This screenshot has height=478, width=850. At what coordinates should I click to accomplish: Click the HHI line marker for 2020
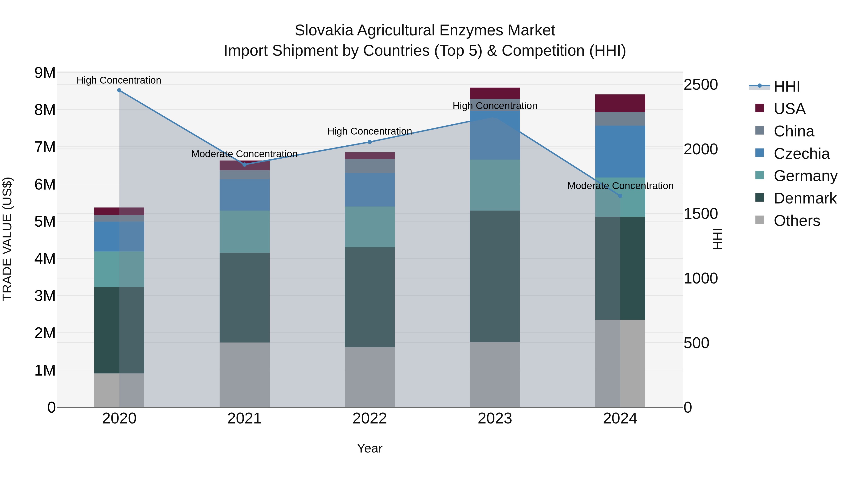point(119,90)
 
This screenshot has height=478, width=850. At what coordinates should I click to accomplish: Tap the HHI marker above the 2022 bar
point(370,142)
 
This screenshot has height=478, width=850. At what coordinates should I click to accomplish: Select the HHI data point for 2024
point(620,196)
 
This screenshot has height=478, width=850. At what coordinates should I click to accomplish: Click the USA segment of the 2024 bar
point(620,103)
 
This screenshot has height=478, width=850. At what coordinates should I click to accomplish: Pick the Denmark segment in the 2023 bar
point(495,276)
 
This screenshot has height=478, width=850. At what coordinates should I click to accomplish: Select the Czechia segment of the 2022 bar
point(370,190)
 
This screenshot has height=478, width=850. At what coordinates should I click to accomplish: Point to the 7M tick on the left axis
point(45,147)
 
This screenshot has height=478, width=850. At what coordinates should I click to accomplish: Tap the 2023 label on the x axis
point(495,419)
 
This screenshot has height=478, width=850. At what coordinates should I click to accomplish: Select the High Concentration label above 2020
point(119,80)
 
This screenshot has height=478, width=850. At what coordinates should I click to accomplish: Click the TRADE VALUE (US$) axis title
point(7,239)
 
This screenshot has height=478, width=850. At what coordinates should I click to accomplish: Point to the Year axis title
point(370,448)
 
